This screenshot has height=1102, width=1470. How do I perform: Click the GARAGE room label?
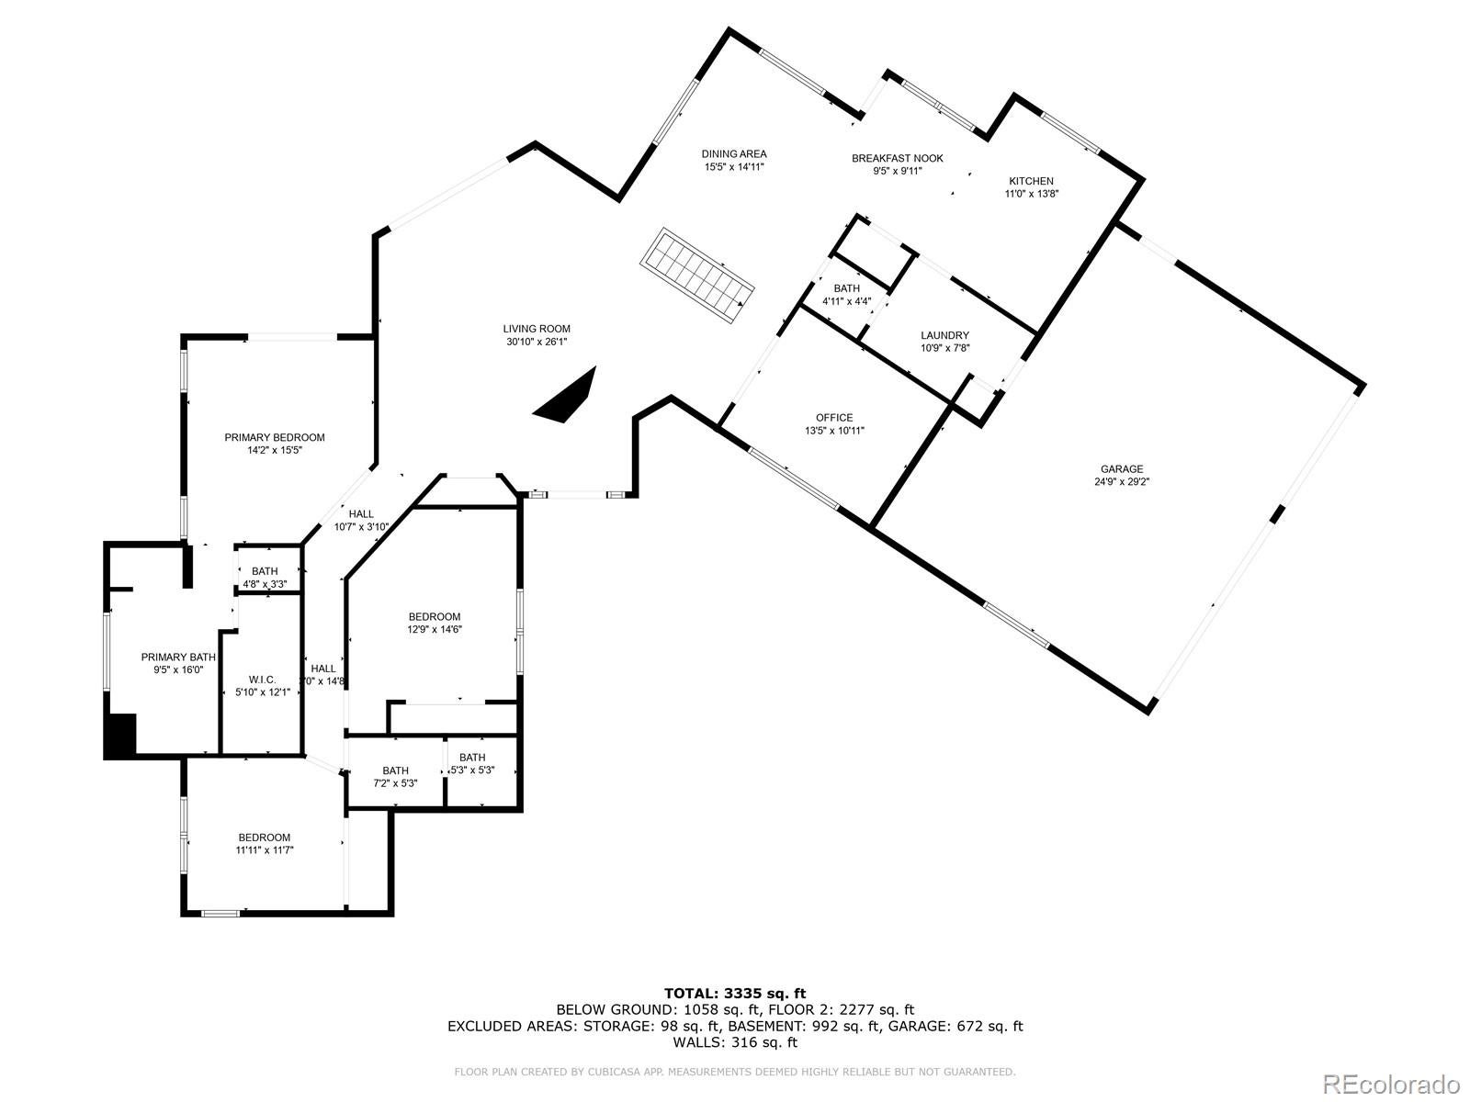[1122, 469]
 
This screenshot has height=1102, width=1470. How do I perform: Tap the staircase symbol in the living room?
[697, 275]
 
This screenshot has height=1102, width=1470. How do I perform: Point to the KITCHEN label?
[1031, 181]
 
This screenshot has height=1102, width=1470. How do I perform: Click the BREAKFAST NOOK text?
[897, 158]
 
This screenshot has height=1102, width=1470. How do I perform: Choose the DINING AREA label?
[734, 154]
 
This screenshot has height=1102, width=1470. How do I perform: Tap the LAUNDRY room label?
[944, 335]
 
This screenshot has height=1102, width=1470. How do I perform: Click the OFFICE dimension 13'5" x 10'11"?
[834, 431]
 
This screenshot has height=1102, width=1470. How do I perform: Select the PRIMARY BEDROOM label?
[275, 437]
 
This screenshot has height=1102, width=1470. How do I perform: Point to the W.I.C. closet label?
[262, 680]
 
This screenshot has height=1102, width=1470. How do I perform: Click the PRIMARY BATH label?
[178, 657]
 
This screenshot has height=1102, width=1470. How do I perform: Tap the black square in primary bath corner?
[120, 736]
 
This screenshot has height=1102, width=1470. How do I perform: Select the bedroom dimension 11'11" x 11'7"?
[264, 850]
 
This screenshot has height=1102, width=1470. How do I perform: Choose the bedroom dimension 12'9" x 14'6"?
[435, 630]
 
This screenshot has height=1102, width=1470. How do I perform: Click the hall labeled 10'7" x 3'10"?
[361, 527]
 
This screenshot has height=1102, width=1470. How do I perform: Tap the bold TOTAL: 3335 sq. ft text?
[734, 993]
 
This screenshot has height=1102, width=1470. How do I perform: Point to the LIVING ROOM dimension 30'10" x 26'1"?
[537, 342]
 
